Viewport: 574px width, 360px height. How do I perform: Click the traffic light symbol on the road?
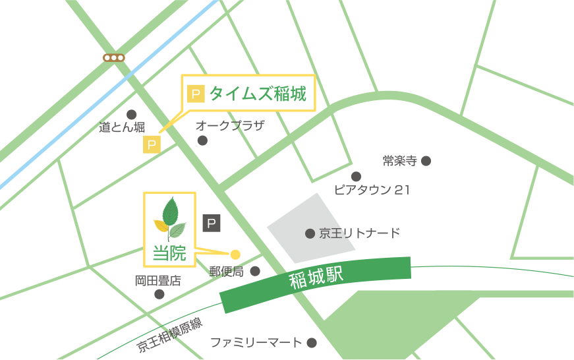pyautogui.click(x=114, y=58)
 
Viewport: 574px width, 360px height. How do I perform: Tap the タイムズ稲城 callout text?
pyautogui.click(x=258, y=94)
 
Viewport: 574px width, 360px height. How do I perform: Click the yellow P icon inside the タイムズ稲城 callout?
pyautogui.click(x=195, y=95)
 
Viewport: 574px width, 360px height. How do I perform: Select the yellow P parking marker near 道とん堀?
pyautogui.click(x=152, y=144)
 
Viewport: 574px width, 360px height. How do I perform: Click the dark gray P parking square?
pyautogui.click(x=212, y=224)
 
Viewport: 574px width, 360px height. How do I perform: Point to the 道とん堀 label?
pyautogui.click(x=122, y=127)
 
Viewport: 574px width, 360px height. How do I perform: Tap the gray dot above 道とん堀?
pyautogui.click(x=132, y=114)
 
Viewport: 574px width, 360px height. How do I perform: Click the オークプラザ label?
pyautogui.click(x=230, y=125)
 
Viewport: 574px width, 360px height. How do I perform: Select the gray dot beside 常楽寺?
pyautogui.click(x=426, y=160)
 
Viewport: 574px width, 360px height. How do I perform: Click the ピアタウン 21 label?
pyautogui.click(x=372, y=191)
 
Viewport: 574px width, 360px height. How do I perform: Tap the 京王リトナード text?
pyautogui.click(x=359, y=233)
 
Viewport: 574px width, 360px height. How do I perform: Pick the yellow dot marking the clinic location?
pyautogui.click(x=235, y=255)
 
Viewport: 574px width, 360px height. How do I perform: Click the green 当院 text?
pyautogui.click(x=169, y=253)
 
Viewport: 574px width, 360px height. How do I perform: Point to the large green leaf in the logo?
pyautogui.click(x=171, y=212)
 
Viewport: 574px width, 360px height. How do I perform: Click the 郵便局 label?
pyautogui.click(x=226, y=271)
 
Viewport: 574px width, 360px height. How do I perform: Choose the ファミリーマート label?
pyautogui.click(x=256, y=343)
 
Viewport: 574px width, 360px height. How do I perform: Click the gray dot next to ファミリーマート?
pyautogui.click(x=312, y=343)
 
